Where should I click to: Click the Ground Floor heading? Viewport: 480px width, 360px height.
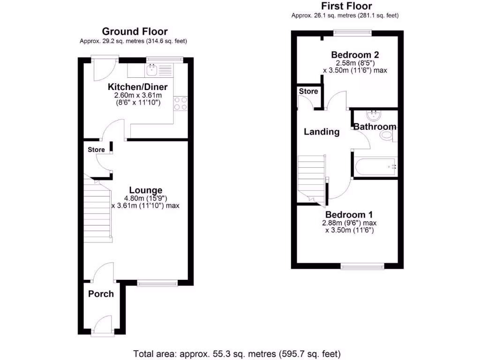[x=135, y=31]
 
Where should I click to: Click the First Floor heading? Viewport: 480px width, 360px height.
[x=346, y=6]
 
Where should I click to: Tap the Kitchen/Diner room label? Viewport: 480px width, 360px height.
[x=137, y=87]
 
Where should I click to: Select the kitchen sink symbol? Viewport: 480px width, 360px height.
[x=152, y=70]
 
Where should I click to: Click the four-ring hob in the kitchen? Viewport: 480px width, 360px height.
[x=180, y=104]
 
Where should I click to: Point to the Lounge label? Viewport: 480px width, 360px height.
[x=145, y=190]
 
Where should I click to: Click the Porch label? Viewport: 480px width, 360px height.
[x=101, y=294]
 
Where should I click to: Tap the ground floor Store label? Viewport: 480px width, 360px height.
[x=96, y=150]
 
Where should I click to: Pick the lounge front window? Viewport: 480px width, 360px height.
[x=157, y=282]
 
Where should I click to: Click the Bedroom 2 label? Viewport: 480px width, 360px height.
[x=354, y=53]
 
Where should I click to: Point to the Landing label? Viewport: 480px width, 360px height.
[x=322, y=132]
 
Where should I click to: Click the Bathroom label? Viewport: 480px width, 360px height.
[x=375, y=127]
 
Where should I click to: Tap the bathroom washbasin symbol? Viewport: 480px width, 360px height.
[x=374, y=114]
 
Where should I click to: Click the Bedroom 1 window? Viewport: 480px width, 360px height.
[x=363, y=267]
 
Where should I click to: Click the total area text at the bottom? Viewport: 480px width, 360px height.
[x=237, y=353]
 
